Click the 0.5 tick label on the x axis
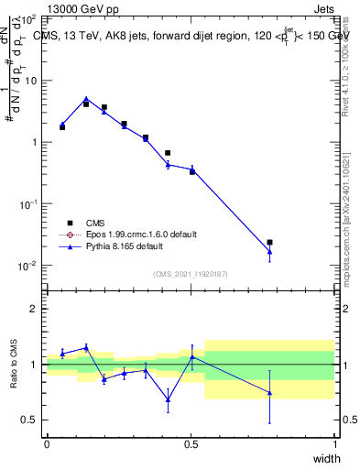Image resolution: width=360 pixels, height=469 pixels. click(x=191, y=443)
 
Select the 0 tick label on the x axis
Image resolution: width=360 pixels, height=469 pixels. click(x=47, y=443)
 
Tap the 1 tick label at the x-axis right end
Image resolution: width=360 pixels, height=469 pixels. click(x=334, y=443)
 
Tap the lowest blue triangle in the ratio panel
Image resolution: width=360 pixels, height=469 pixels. click(x=168, y=399)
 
